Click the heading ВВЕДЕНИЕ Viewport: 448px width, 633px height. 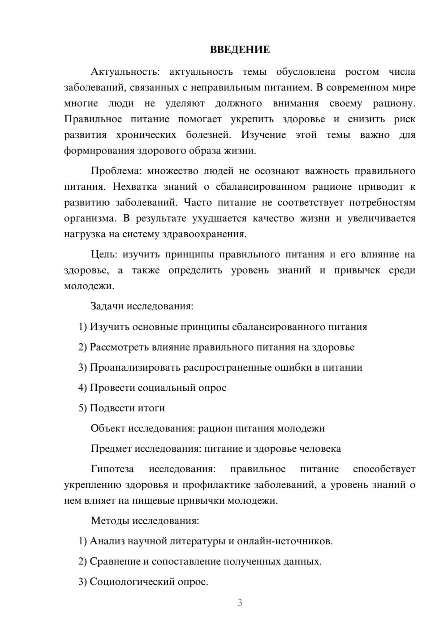[240, 50]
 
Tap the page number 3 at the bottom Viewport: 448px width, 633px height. [240, 603]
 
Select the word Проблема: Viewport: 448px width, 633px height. [116, 171]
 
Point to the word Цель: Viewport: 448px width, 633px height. [104, 254]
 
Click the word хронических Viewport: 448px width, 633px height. [146, 135]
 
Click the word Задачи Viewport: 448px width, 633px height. [107, 307]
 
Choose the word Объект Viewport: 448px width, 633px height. [108, 428]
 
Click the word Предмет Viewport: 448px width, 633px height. [111, 449]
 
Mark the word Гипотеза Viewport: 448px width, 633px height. [112, 469]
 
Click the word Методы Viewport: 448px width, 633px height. [109, 521]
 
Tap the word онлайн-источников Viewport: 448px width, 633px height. [284, 541]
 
